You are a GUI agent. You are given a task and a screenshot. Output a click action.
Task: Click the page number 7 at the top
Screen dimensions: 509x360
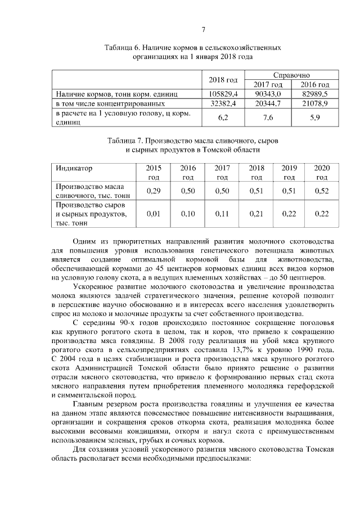point(204,29)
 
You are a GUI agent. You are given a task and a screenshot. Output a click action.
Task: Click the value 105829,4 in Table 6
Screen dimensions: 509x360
point(223,93)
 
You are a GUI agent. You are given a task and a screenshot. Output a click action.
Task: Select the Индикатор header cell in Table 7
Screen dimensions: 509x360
point(74,168)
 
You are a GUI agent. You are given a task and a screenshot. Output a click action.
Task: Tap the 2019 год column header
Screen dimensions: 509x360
point(289,173)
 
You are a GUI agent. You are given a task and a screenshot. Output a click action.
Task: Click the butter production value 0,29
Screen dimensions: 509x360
point(153,191)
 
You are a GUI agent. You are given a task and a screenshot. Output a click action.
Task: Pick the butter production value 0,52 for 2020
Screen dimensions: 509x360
point(321,191)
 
